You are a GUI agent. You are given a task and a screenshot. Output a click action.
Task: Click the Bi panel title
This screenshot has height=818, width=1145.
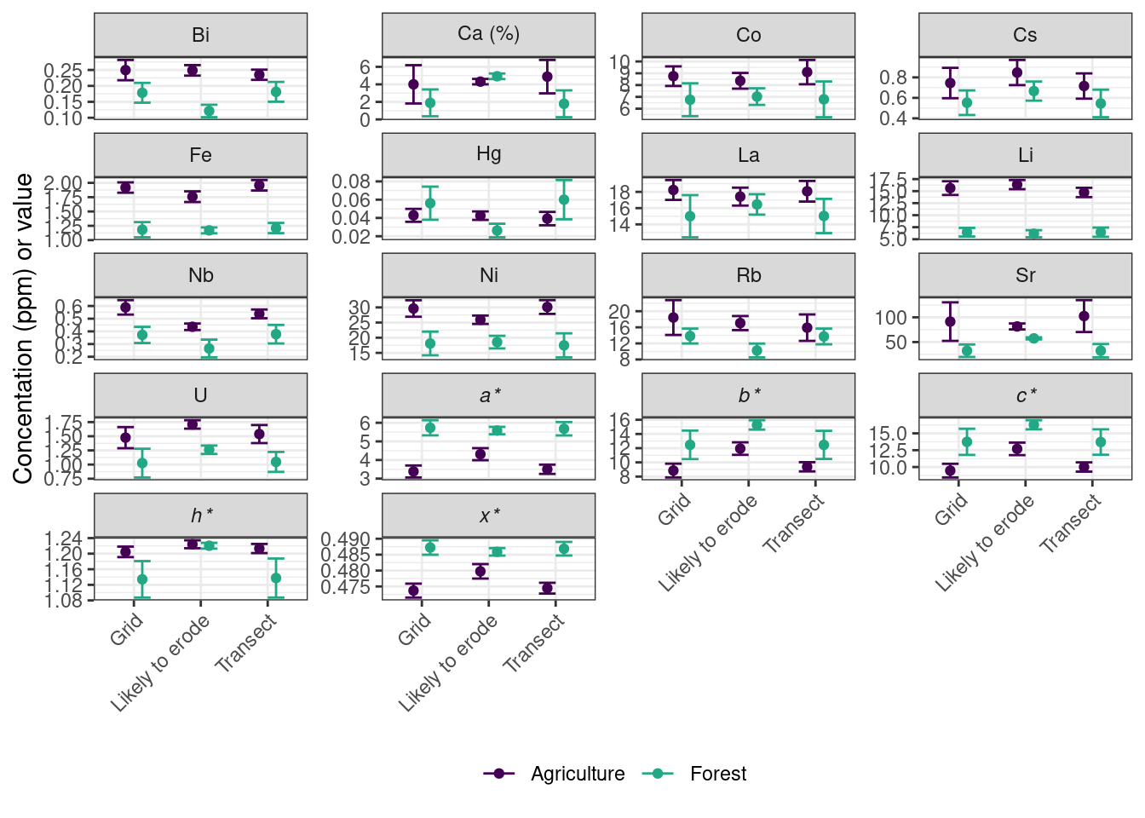click(x=200, y=35)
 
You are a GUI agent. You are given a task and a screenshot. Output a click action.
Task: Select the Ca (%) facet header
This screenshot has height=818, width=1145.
click(x=488, y=34)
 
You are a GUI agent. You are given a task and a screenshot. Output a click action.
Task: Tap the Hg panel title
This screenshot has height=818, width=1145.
click(x=488, y=154)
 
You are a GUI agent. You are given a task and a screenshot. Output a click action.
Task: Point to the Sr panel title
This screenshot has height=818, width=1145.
click(x=1025, y=275)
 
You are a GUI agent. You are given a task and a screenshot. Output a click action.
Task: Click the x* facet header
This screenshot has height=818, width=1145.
click(x=488, y=516)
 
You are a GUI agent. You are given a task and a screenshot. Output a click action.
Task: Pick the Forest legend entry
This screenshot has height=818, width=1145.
click(x=699, y=774)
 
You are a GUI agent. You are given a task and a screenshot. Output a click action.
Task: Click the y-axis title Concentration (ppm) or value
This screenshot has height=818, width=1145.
click(x=24, y=328)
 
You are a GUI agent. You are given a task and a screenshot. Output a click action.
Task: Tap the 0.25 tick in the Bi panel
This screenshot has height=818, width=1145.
click(x=65, y=70)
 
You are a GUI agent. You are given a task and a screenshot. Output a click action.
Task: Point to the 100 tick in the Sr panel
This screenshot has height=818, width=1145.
click(x=891, y=318)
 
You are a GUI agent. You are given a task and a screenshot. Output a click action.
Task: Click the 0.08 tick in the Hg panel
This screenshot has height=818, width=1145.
click(x=352, y=181)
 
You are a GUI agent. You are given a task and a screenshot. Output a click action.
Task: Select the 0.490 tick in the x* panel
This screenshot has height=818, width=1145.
click(x=347, y=539)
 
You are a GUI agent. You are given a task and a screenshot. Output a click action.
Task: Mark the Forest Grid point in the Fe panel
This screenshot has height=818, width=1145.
click(x=142, y=229)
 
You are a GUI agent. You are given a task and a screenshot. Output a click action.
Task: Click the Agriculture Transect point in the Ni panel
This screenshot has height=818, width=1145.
click(x=547, y=307)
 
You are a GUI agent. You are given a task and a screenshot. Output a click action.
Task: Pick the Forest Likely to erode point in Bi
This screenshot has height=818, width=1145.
click(x=209, y=111)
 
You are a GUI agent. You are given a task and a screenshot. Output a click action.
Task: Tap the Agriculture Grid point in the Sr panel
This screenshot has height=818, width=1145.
click(x=950, y=321)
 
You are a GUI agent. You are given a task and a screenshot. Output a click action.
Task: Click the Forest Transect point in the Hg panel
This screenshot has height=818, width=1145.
click(x=564, y=200)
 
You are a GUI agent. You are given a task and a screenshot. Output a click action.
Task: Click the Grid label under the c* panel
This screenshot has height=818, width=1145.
click(x=952, y=510)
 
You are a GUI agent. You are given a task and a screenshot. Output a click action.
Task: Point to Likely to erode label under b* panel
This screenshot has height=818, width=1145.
click(x=709, y=544)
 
